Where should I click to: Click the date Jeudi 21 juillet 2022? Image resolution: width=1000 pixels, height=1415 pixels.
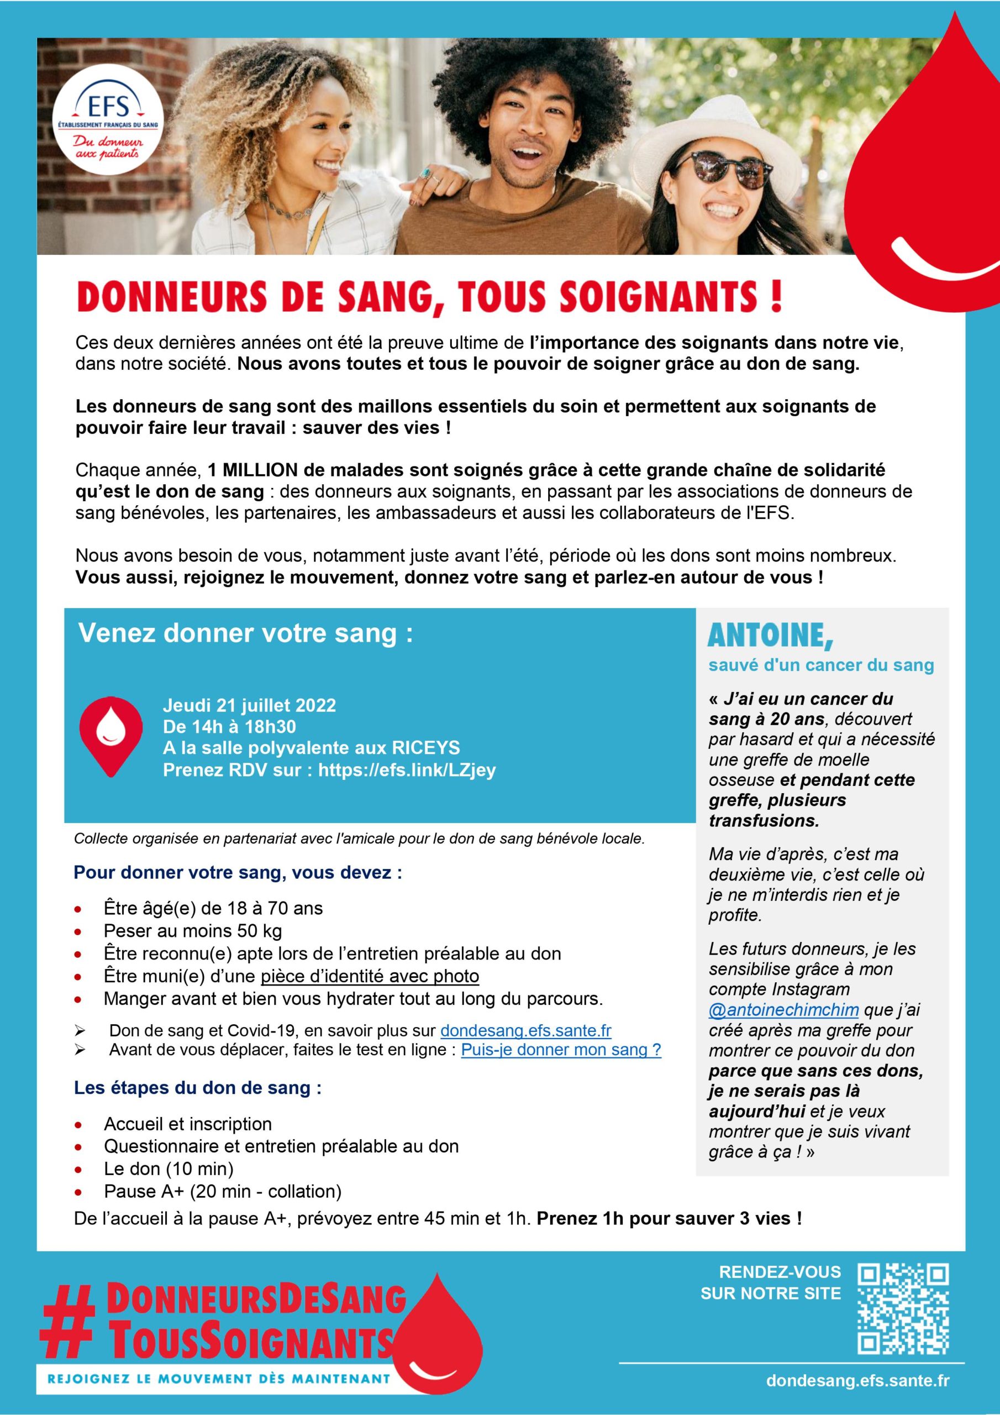(249, 705)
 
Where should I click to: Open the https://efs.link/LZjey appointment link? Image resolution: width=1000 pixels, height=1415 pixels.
(407, 771)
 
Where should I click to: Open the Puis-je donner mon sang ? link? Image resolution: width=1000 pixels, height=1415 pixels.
(561, 1050)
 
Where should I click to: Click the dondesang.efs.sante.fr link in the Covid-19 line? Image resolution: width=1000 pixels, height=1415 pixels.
(525, 1031)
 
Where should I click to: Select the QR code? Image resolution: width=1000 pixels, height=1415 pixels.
(903, 1307)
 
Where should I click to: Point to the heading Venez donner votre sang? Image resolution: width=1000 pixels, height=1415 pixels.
(245, 633)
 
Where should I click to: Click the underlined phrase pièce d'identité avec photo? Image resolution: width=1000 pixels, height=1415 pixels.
(370, 976)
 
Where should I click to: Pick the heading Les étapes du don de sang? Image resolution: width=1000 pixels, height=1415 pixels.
(197, 1088)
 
